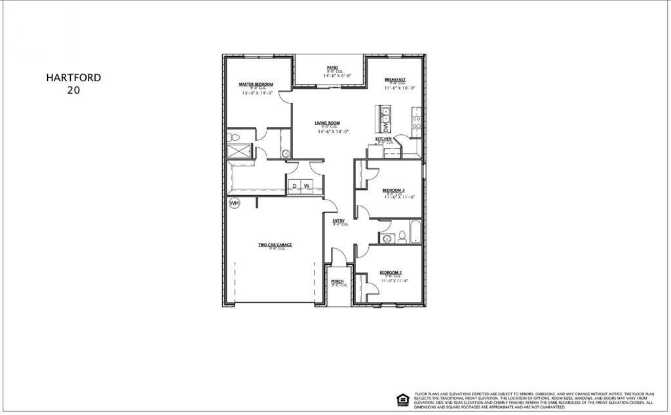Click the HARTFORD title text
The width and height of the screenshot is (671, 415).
(73, 77)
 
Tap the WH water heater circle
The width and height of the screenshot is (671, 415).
(234, 204)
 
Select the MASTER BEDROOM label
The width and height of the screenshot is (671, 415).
(256, 84)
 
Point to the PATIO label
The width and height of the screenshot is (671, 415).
(332, 67)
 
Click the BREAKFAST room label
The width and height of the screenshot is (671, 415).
(395, 79)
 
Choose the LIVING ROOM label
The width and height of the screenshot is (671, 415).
(327, 122)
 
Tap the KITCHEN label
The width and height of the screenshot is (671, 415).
(384, 139)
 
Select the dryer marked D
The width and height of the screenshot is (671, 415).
(295, 186)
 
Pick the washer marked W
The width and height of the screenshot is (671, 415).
(306, 186)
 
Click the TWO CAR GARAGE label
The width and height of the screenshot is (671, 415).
(275, 245)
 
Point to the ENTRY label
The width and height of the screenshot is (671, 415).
(339, 221)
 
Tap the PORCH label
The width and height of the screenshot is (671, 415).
(337, 281)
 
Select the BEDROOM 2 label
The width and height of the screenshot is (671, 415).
(391, 272)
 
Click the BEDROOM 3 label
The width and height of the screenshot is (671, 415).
(394, 190)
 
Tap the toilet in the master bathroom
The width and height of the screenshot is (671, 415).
(232, 137)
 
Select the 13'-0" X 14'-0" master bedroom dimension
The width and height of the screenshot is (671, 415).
(257, 94)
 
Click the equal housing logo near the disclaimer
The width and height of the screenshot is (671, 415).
(401, 398)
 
